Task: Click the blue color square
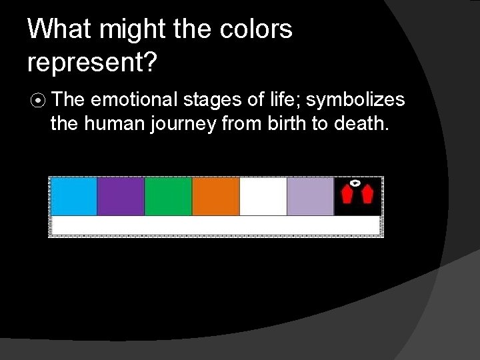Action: tap(74, 196)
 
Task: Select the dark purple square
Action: tap(121, 196)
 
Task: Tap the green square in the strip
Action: tap(168, 196)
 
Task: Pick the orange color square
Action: tap(215, 196)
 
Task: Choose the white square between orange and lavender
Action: tap(263, 196)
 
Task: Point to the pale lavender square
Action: tap(310, 196)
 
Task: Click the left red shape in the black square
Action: tap(346, 195)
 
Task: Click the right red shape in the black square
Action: tap(367, 195)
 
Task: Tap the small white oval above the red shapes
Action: tap(356, 182)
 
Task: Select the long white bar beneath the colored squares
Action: tap(215, 225)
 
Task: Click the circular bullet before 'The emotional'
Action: tap(39, 101)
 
